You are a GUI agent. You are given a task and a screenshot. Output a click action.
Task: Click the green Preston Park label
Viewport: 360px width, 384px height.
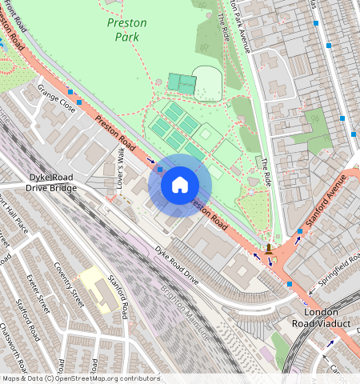click(x=126, y=29)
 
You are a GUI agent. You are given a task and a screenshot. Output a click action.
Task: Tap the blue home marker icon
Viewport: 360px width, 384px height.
click(x=180, y=186)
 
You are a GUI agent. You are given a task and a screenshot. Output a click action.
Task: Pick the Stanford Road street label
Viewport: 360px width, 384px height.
click(x=117, y=297)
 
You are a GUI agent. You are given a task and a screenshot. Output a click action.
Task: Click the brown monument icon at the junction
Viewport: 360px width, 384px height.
click(x=269, y=249)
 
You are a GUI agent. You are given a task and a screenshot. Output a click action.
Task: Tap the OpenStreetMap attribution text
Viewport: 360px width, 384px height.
click(x=80, y=378)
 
